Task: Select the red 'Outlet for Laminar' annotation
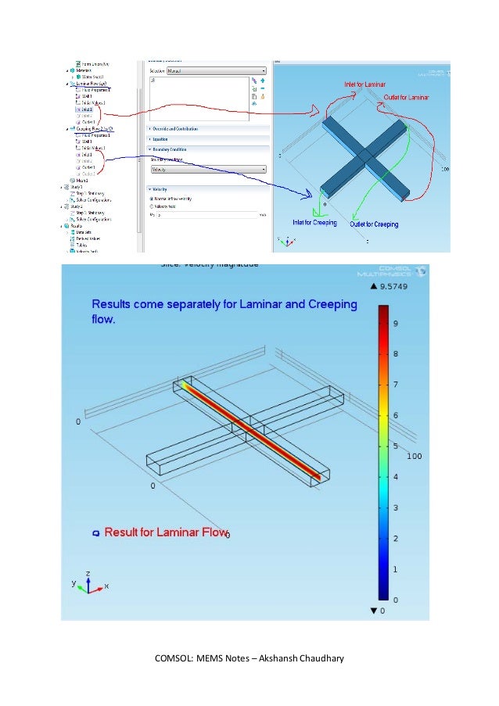(x=407, y=98)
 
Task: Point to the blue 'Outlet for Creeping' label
(x=374, y=224)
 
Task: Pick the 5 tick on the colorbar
(x=395, y=446)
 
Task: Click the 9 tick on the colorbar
(x=395, y=323)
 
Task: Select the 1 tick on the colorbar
(x=395, y=569)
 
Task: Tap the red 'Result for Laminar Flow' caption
(x=165, y=532)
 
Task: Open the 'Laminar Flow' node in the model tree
(x=92, y=83)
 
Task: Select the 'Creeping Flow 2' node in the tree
(x=95, y=128)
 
